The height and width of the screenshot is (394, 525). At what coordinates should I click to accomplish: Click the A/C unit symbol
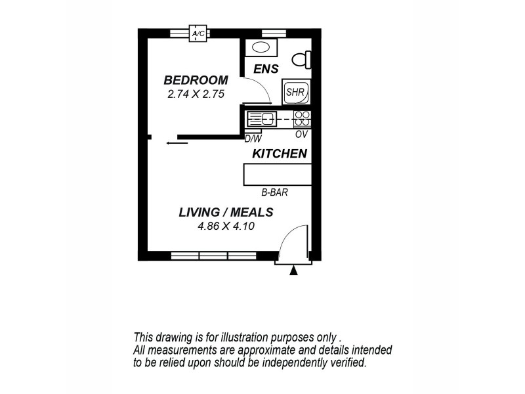pos(197,33)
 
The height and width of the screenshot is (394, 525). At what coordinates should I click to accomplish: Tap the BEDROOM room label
pos(196,80)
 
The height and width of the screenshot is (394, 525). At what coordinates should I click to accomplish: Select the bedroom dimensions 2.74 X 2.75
pos(196,94)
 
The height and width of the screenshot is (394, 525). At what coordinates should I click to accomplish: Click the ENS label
pos(266,68)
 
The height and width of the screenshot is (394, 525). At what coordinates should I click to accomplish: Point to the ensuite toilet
pos(301,60)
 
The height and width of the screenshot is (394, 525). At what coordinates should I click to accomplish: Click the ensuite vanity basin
pos(261,47)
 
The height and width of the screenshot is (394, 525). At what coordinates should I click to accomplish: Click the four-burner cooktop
pos(302,119)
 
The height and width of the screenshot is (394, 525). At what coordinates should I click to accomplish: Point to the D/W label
pos(253,139)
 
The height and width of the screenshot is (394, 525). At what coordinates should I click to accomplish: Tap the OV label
pos(301,135)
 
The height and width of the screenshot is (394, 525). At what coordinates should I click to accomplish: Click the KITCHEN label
pos(280,154)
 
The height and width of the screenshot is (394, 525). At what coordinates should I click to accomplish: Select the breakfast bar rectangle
pos(277,175)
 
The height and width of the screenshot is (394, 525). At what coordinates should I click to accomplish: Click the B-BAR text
pos(276,193)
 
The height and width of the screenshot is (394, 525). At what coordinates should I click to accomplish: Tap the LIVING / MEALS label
pos(226,212)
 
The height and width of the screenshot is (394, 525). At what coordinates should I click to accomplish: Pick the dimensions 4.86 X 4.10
pos(226,226)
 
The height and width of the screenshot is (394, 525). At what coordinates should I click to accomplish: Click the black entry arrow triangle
pos(293,270)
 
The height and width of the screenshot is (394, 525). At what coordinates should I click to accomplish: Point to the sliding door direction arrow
pos(176,142)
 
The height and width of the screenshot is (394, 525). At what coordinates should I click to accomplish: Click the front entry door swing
pos(292,243)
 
